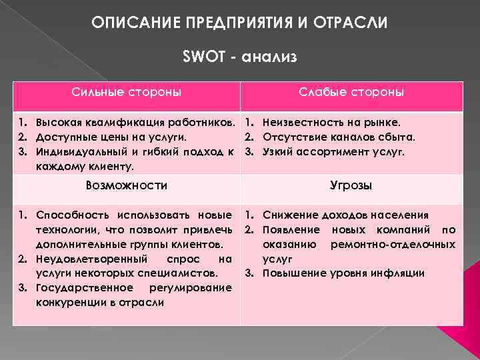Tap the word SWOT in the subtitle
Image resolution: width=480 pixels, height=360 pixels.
tap(201, 57)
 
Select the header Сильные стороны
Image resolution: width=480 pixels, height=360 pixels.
tap(127, 91)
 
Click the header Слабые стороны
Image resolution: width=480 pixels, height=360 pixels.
tap(361, 91)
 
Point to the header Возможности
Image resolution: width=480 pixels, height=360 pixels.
tap(127, 185)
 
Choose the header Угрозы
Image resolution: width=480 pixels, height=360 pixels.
tap(351, 185)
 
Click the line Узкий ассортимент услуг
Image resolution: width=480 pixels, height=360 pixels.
tap(334, 151)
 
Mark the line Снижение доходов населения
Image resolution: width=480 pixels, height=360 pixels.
tap(345, 215)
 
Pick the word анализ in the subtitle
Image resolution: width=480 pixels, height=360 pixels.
tap(269, 57)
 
